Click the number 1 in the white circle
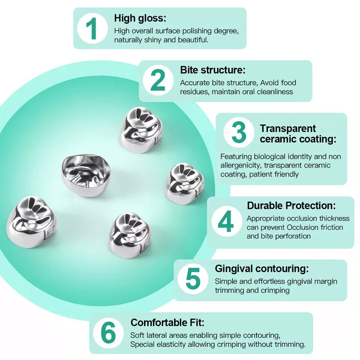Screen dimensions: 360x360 [92, 28]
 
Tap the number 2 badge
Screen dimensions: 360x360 [158, 80]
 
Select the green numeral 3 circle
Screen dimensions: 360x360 [239, 132]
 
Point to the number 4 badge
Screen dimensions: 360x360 [226, 221]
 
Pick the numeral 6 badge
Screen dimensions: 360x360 [108, 333]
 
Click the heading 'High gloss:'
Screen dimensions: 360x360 [140, 18]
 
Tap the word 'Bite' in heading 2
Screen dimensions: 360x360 [189, 70]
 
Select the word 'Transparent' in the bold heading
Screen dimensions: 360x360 [288, 129]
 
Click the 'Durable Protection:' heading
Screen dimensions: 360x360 [291, 205]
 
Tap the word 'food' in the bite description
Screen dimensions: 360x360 [288, 82]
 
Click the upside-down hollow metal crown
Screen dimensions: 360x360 [86, 175]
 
